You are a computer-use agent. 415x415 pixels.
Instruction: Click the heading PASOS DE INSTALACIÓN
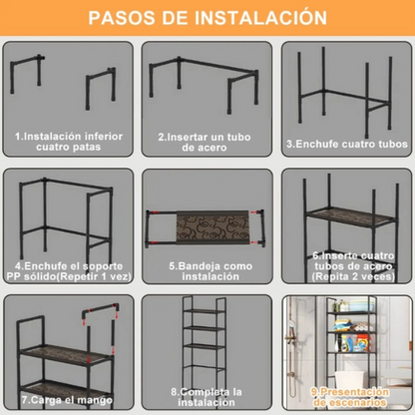click(207, 18)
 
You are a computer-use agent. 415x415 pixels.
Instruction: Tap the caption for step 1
click(69, 141)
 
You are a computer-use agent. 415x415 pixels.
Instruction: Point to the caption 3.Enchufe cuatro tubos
click(345, 143)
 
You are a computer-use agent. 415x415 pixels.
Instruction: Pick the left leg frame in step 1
click(38, 85)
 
